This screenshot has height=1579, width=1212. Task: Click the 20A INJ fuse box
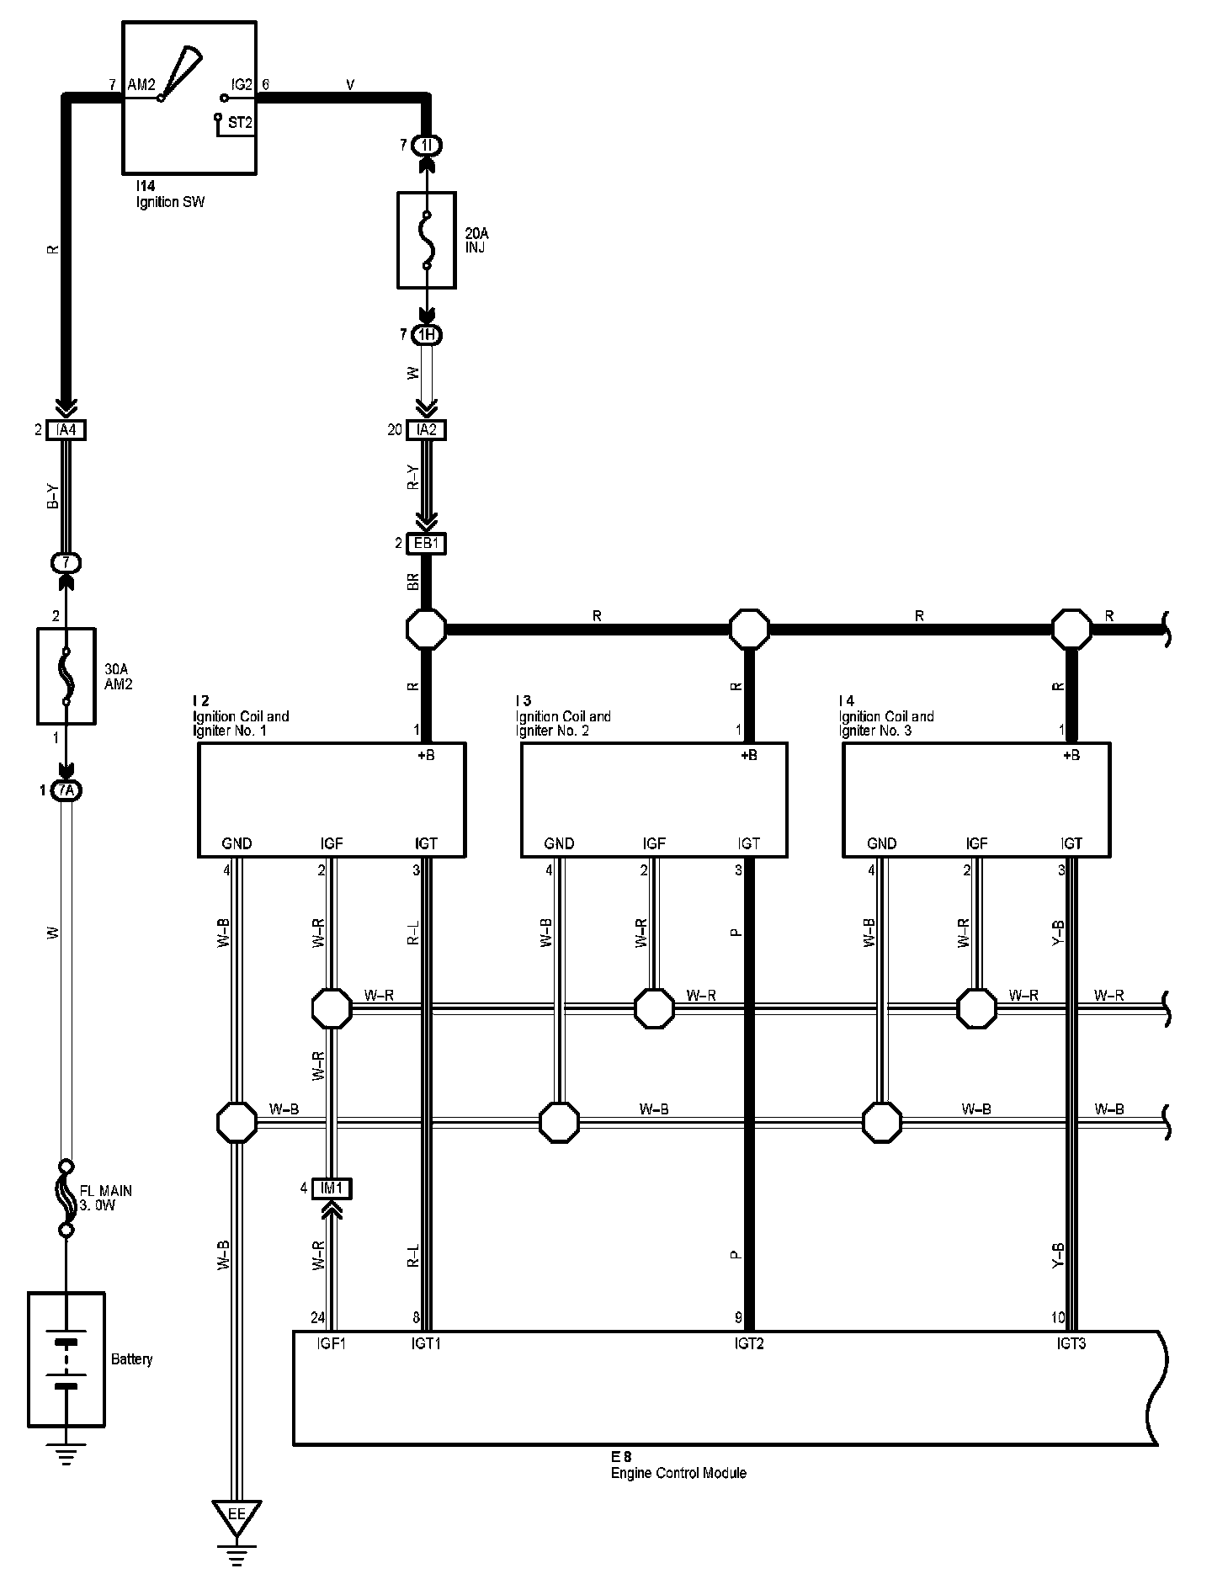click(x=427, y=240)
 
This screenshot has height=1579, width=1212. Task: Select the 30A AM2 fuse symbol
click(x=66, y=675)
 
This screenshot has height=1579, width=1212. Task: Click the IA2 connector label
click(x=427, y=430)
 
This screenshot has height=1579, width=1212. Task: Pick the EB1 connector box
click(x=427, y=544)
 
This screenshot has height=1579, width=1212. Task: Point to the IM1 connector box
click(x=332, y=1188)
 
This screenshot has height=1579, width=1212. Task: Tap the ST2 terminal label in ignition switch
click(x=240, y=123)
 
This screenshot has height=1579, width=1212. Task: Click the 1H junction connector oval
click(x=427, y=336)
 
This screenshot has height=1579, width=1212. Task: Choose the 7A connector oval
click(x=66, y=790)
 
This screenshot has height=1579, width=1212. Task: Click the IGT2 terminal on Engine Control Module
click(x=748, y=1344)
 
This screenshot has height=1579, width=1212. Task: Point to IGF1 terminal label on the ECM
click(x=332, y=1344)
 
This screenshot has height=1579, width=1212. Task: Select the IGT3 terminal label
click(x=1071, y=1344)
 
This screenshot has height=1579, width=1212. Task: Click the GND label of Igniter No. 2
click(x=559, y=843)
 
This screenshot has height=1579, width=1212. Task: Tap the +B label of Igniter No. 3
click(x=1071, y=756)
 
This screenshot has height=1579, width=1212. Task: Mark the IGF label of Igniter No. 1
click(x=332, y=843)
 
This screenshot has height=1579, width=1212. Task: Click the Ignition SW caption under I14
click(x=171, y=202)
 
